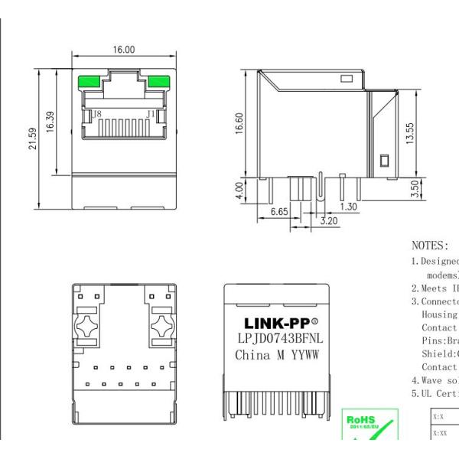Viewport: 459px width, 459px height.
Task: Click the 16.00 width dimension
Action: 124,49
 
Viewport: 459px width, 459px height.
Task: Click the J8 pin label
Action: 96,115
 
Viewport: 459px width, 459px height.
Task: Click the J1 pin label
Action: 151,115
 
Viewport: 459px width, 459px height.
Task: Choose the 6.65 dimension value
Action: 279,212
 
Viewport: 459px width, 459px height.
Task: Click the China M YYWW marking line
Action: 276,355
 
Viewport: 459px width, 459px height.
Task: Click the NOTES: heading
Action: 430,246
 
